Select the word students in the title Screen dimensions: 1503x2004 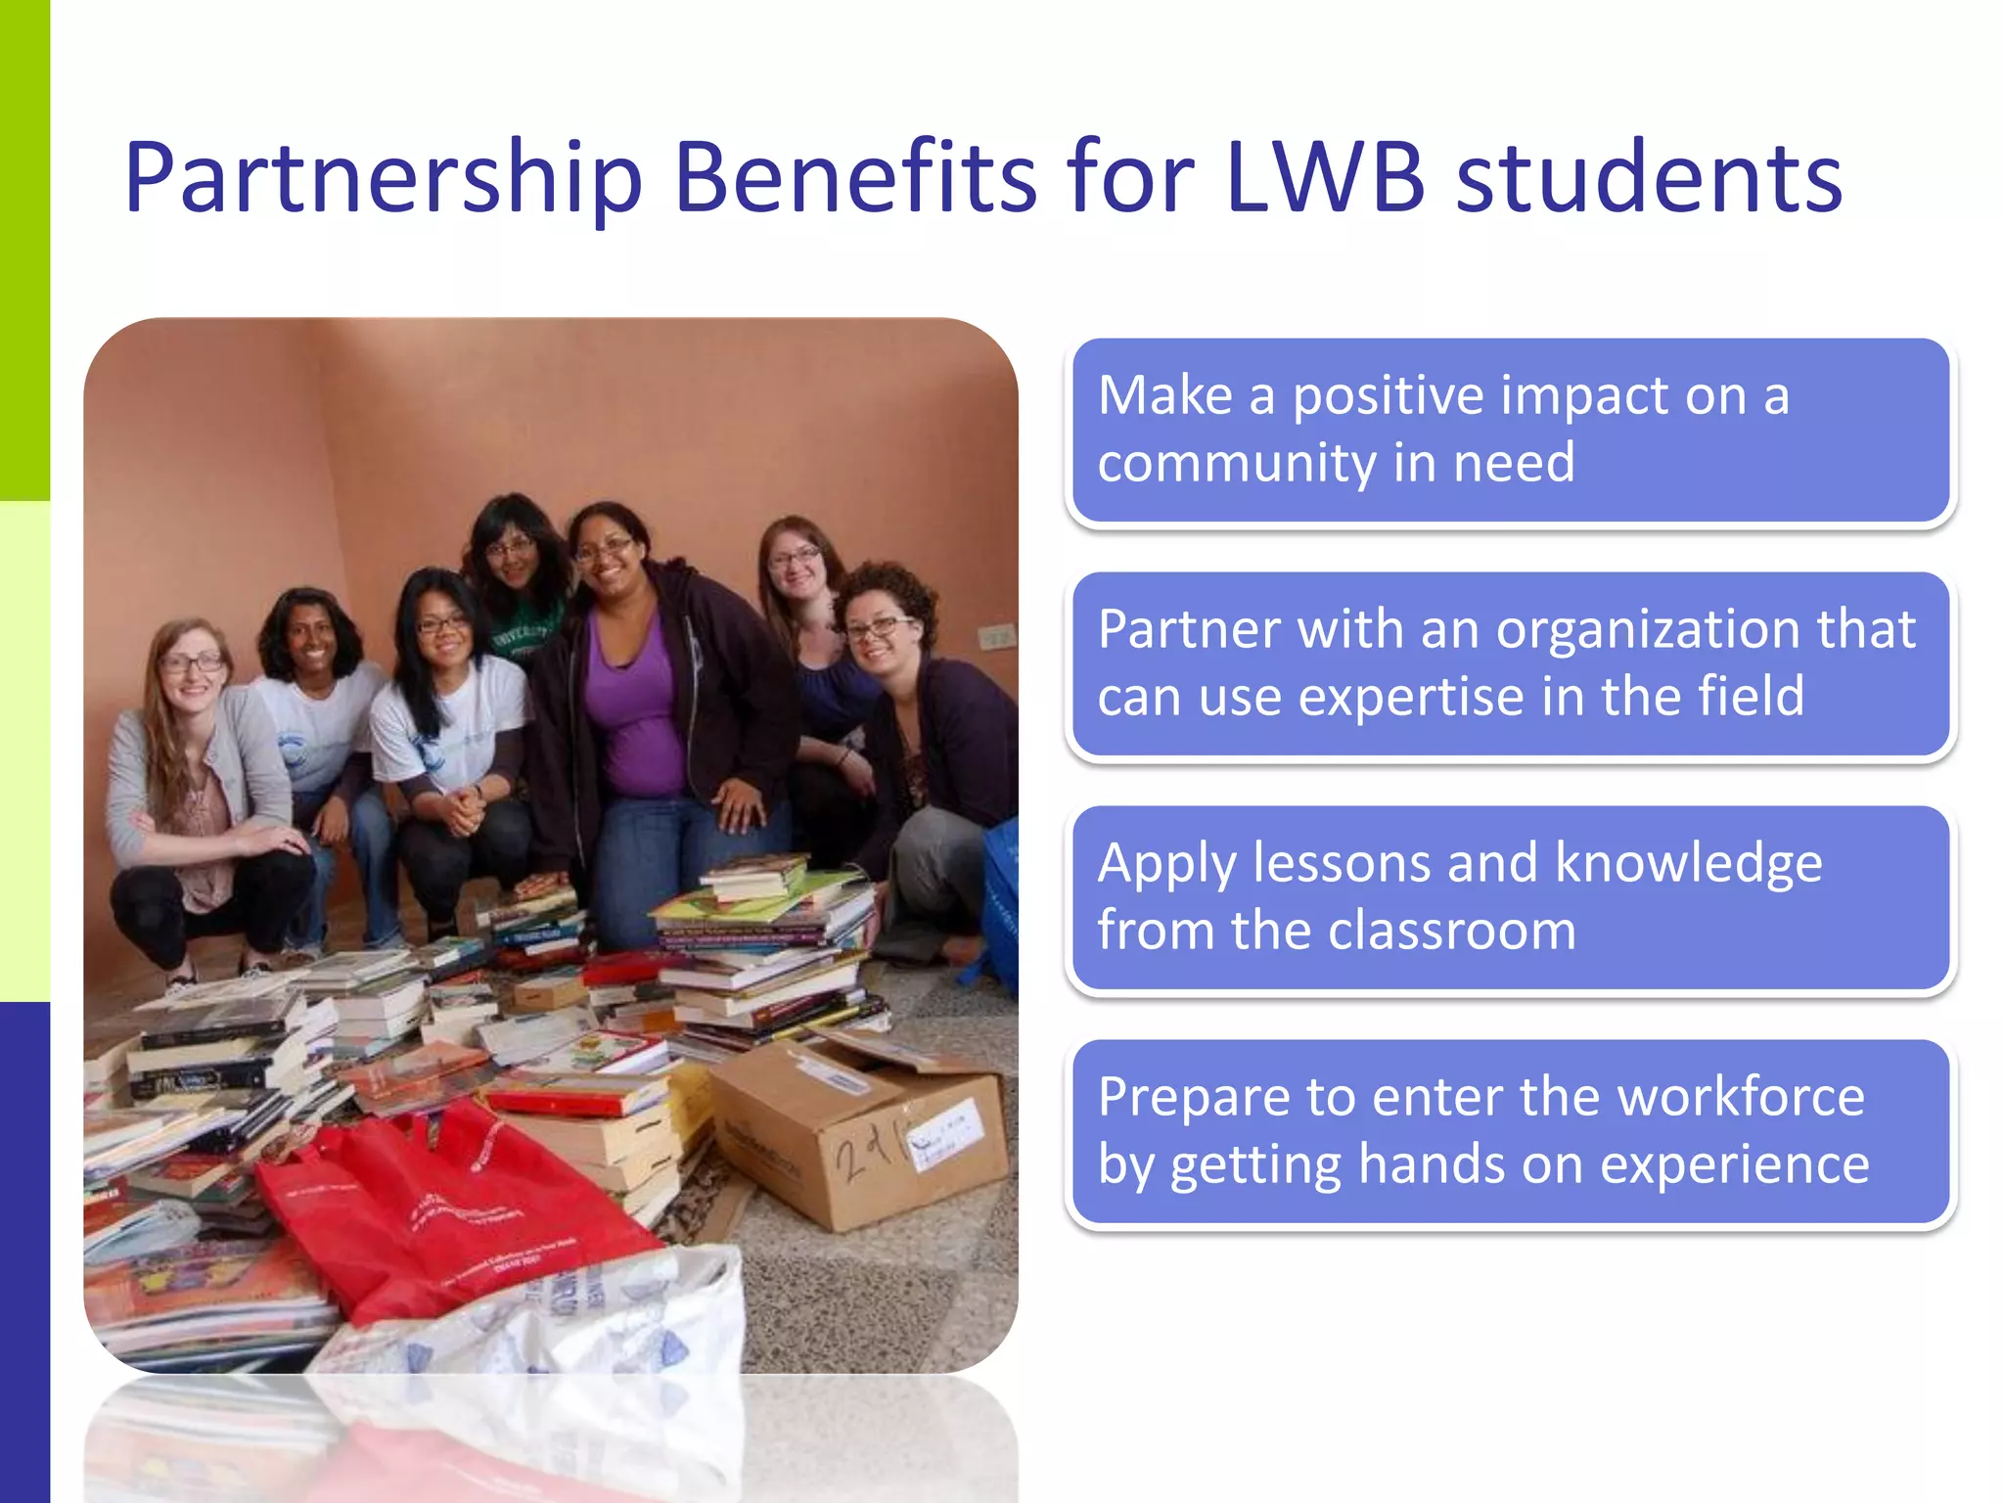coord(1649,178)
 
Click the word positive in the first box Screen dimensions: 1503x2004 coord(1389,397)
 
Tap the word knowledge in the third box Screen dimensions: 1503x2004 coord(1688,863)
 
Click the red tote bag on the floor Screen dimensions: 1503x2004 coord(440,1213)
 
